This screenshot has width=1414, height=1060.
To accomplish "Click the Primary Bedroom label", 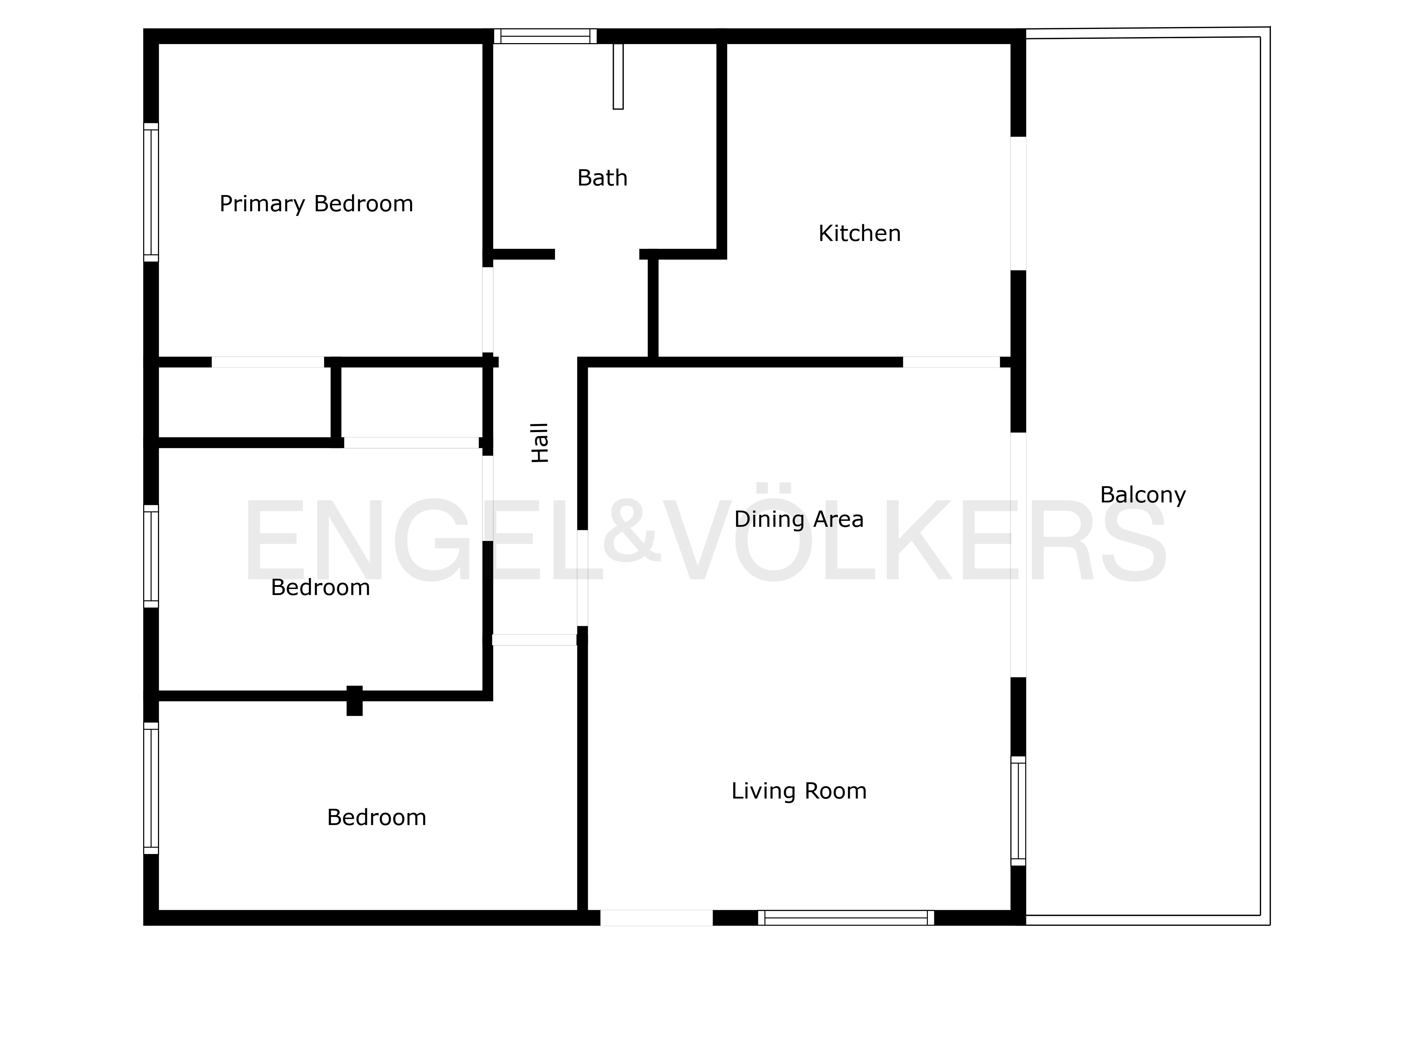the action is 316,204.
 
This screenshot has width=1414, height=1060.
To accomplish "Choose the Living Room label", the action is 799,791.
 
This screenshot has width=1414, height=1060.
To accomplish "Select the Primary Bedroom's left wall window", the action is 151,192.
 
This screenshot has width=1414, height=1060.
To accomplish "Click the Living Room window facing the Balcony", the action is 1018,811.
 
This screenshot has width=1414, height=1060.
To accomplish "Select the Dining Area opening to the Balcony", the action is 1018,555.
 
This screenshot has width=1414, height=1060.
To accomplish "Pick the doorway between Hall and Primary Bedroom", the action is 488,310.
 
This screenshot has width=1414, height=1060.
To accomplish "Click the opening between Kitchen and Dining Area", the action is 951,362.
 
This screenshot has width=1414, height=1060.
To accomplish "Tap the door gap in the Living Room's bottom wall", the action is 656,918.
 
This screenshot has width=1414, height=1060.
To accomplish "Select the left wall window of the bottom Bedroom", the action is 151,788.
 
